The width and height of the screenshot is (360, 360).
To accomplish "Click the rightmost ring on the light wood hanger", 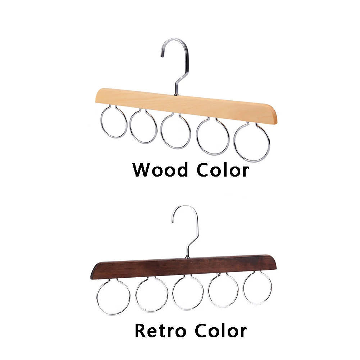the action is pyautogui.click(x=234, y=142).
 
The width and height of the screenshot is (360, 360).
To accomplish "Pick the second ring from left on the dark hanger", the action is pyautogui.click(x=136, y=295).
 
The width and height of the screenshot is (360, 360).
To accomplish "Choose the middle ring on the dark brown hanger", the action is pyautogui.click(x=173, y=293).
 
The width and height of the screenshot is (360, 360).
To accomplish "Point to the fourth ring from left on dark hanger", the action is pyautogui.click(x=209, y=291).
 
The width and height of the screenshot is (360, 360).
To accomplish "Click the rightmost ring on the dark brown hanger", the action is pyautogui.click(x=243, y=288).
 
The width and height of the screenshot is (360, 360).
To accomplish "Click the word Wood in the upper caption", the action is pyautogui.click(x=160, y=170).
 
